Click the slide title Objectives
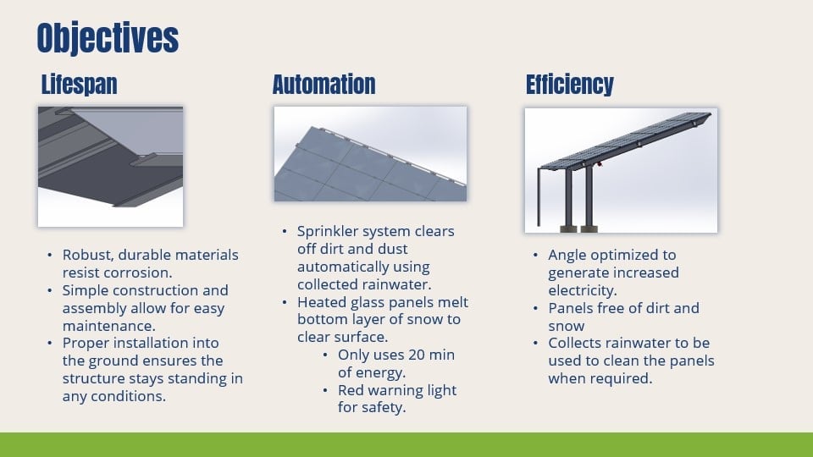(108, 38)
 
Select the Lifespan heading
(79, 85)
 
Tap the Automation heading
(324, 85)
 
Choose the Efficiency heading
(569, 85)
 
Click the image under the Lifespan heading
(110, 166)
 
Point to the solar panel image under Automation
(370, 153)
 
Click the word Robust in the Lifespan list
(86, 255)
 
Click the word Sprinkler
(329, 231)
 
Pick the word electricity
(582, 290)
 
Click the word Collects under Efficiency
(578, 343)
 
